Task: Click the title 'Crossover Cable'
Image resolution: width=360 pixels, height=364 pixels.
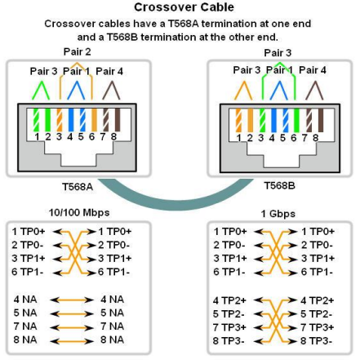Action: coord(179,7)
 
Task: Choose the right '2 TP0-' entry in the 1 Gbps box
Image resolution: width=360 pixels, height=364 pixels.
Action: coord(317,245)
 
